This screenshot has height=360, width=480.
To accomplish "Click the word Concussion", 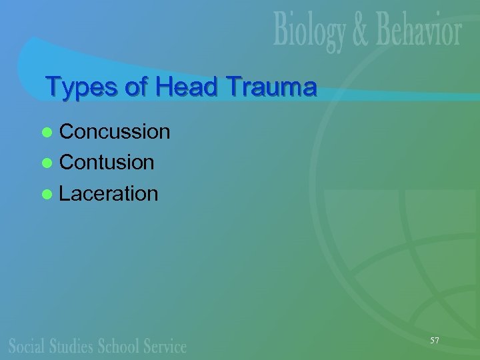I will tap(115, 132).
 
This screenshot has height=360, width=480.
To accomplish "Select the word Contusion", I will tap(107, 163).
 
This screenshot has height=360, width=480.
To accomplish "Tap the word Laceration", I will tap(109, 194).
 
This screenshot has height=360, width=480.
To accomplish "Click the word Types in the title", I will tap(77, 87).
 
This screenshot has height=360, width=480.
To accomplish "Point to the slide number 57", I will tap(435, 341).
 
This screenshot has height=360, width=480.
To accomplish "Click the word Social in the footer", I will tap(27, 345).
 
